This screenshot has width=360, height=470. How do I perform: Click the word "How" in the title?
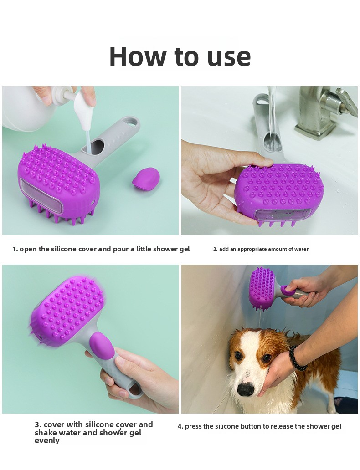(138, 56)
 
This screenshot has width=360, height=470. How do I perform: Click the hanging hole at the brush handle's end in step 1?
(131, 122)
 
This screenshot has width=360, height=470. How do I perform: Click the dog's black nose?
(246, 389)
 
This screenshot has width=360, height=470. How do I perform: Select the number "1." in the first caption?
(15, 249)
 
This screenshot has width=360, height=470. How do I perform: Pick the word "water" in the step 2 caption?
(302, 249)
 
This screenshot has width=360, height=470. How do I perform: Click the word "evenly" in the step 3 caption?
(47, 441)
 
